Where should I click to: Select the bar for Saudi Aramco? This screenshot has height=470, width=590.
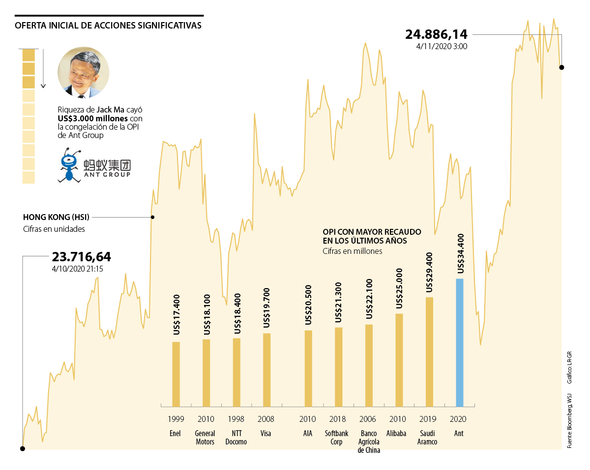[x=429, y=352]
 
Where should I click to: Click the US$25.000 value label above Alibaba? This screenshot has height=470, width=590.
[x=399, y=289]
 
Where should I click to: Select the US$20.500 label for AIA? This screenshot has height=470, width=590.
[x=308, y=305]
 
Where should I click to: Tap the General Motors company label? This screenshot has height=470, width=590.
[x=205, y=438]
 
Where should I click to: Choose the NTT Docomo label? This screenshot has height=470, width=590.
[x=236, y=438]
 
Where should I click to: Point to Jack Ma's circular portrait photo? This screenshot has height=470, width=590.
[x=84, y=72]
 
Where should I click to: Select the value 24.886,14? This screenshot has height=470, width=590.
[x=436, y=35]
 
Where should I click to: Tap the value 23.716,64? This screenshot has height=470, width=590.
[x=82, y=257]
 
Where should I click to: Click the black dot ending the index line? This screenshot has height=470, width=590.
[x=561, y=67]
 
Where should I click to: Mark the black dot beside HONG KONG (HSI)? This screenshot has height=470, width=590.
[x=152, y=217]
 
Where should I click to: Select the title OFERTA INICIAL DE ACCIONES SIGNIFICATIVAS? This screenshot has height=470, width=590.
[x=108, y=26]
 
